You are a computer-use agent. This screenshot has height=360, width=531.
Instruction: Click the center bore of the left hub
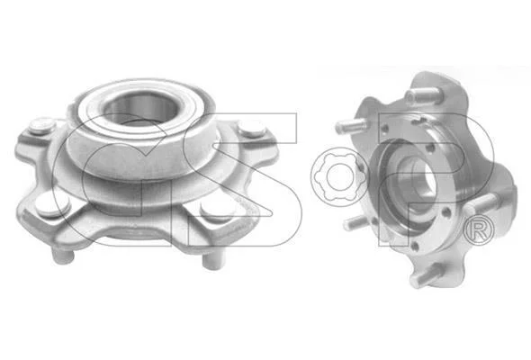pos(139,108)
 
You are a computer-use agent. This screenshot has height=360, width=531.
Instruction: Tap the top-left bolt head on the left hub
pos(41,126)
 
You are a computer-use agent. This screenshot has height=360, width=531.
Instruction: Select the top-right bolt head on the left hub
pos(251,129)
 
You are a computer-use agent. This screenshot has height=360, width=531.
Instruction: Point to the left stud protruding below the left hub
pos(62,255)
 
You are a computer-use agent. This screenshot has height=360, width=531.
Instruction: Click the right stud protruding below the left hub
pos(213,260)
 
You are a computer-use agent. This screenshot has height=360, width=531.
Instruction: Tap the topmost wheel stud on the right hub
pos(422,95)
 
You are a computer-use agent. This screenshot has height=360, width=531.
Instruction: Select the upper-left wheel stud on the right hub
pos(352,126)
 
